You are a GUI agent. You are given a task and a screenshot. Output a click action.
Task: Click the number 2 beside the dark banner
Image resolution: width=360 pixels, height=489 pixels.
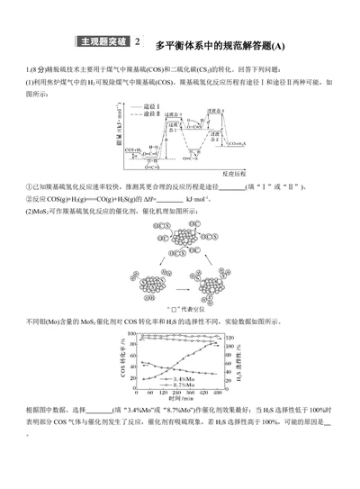(137, 42)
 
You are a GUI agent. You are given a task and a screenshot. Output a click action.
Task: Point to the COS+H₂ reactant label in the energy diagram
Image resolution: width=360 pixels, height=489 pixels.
(134, 149)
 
